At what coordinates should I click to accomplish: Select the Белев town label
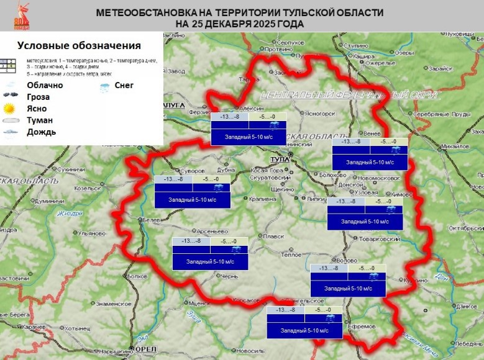pyautogui.click(x=153, y=220)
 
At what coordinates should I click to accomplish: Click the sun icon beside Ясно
pyautogui.click(x=11, y=109)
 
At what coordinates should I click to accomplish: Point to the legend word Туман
pyautogui.click(x=40, y=120)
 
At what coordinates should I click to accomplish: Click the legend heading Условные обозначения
pyautogui.click(x=79, y=46)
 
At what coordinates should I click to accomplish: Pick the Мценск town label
pyautogui.click(x=199, y=302)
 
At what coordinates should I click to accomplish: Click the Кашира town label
pyautogui.click(x=365, y=55)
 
